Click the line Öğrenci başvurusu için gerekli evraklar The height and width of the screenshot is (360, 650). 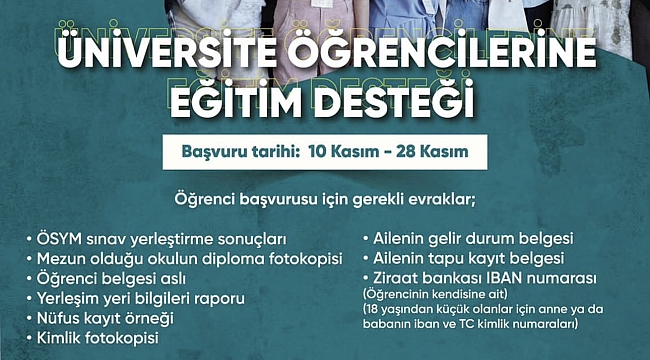(324, 196)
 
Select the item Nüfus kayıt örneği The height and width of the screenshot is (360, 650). (112, 317)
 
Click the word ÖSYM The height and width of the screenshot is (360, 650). (61, 240)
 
